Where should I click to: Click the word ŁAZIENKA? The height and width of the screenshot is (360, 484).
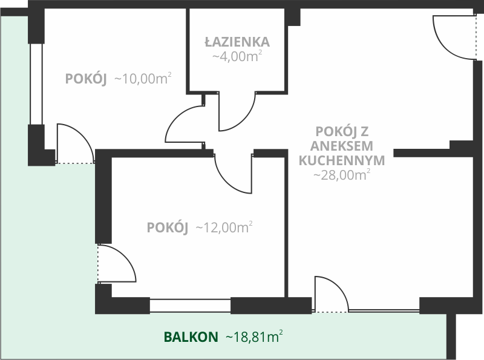click(x=237, y=42)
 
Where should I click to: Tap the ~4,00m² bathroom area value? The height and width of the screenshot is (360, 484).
click(x=237, y=56)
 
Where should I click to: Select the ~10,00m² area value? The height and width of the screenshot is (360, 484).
click(x=143, y=79)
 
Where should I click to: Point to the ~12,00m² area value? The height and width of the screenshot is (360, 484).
click(x=224, y=227)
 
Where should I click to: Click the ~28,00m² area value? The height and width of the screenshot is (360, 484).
click(x=342, y=175)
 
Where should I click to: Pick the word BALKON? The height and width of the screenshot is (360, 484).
click(x=191, y=337)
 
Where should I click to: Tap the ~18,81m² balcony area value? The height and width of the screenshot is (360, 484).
click(x=254, y=336)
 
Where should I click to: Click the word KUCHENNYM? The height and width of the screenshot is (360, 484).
click(x=342, y=160)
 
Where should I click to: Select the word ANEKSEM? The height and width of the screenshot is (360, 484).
click(x=342, y=146)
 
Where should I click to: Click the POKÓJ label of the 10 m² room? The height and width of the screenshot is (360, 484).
click(x=86, y=79)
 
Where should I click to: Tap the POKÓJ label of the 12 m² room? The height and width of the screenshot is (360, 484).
click(x=168, y=227)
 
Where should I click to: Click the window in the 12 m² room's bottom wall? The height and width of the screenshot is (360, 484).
click(x=190, y=306)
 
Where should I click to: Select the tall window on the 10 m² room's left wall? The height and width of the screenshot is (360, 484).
click(x=36, y=84)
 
